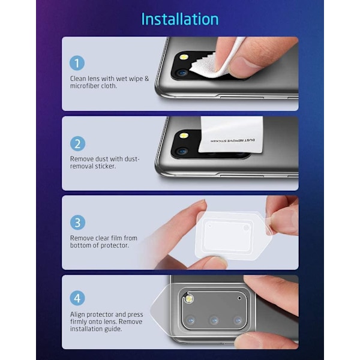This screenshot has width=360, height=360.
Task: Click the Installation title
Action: click(x=180, y=19)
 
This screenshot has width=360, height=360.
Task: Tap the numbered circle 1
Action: click(x=77, y=63)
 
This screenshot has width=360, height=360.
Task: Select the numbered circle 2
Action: click(x=77, y=144)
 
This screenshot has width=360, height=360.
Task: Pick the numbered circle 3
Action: click(x=77, y=223)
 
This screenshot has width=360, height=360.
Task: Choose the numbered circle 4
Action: click(x=77, y=298)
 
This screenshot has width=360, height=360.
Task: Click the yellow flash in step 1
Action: click(x=184, y=57)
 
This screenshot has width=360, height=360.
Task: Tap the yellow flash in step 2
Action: click(x=184, y=136)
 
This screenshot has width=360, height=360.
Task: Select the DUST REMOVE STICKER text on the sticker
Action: click(x=233, y=140)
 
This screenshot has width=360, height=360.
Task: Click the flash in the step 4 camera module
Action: click(x=189, y=299)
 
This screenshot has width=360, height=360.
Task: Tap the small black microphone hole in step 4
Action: click(x=239, y=298)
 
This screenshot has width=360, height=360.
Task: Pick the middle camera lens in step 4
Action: click(x=214, y=320)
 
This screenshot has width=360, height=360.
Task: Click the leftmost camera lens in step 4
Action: click(x=191, y=320)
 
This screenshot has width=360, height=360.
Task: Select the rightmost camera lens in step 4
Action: click(x=238, y=320)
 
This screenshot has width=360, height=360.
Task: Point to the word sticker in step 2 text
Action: click(x=106, y=166)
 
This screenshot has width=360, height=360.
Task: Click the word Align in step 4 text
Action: click(x=77, y=314)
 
